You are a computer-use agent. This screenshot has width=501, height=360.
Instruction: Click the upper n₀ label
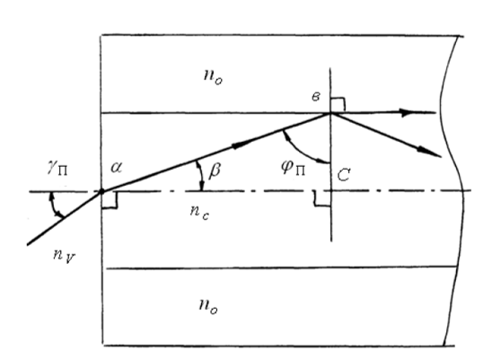point(213,77)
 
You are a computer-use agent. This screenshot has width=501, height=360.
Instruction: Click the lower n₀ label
point(208,306)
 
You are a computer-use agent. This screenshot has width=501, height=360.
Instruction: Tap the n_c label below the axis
point(199,212)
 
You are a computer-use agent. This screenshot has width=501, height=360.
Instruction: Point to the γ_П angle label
point(57,169)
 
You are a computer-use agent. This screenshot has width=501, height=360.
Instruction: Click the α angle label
point(116,167)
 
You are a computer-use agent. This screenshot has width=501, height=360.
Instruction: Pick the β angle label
point(214,170)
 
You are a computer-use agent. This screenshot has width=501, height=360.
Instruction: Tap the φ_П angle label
point(293,168)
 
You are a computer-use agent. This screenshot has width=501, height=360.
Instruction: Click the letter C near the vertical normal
point(344,175)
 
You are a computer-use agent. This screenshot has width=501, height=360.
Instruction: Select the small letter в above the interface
point(316,97)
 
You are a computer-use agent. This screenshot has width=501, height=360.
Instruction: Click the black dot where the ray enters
point(101,191)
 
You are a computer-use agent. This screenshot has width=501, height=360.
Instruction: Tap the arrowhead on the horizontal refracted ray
point(408,112)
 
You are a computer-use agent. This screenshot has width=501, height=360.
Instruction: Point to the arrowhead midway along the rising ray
point(240,145)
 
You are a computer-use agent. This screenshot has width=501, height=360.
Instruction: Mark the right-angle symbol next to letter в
point(338,104)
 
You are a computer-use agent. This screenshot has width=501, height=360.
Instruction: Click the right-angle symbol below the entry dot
point(110,200)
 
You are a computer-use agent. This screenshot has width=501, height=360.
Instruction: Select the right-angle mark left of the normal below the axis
point(322,199)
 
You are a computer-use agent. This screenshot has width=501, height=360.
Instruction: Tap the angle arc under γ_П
point(54,206)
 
